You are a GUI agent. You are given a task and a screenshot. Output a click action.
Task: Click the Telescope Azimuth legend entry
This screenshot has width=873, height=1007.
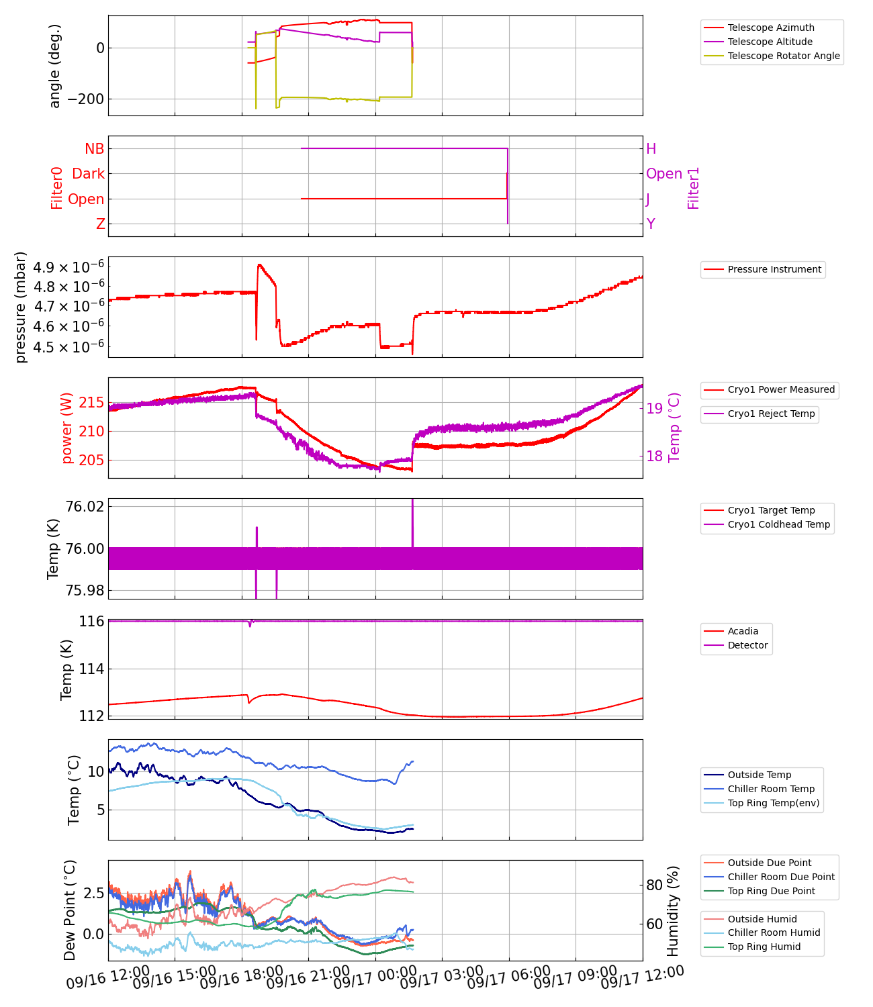click(770, 28)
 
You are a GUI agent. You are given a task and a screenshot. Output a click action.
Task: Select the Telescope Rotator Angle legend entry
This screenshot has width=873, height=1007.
click(783, 56)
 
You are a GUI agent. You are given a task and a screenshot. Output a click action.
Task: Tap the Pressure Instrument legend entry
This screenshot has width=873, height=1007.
click(774, 269)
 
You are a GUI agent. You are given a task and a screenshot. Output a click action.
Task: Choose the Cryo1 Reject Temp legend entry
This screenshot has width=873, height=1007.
click(771, 414)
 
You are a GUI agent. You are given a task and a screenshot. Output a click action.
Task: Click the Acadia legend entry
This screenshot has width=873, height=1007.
click(743, 631)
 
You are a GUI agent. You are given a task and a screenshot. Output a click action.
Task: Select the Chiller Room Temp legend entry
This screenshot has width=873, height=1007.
click(771, 789)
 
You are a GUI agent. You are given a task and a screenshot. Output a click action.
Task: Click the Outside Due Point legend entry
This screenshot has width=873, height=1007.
click(769, 863)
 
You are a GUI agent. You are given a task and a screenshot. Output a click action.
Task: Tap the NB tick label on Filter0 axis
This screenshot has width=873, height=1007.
click(95, 149)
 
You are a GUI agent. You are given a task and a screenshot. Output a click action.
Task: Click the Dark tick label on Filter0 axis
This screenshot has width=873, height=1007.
click(89, 174)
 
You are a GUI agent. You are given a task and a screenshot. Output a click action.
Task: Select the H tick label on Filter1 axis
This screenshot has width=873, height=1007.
click(651, 149)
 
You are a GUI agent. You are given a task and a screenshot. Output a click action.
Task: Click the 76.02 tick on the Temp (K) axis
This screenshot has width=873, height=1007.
click(85, 506)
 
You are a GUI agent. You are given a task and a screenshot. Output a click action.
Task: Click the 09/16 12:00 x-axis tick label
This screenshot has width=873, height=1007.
click(107, 979)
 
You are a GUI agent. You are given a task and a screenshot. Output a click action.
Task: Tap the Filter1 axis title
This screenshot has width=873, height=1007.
click(694, 188)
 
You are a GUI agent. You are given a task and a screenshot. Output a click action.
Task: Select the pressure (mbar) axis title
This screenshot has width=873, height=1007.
click(21, 307)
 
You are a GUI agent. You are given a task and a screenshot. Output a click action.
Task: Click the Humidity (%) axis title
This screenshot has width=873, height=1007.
click(673, 910)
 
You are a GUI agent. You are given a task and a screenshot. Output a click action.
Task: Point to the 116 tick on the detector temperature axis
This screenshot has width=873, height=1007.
click(91, 622)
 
